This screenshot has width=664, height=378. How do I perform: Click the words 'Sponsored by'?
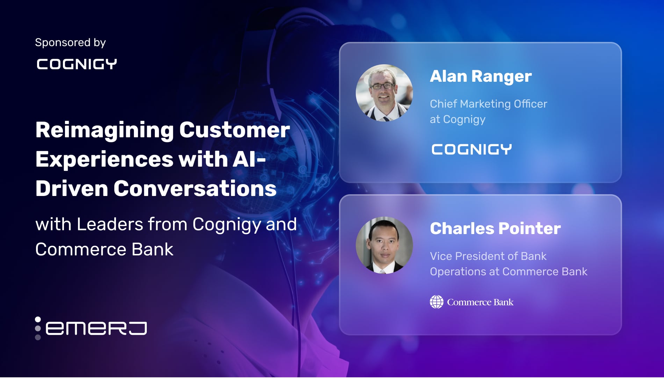pos(70,43)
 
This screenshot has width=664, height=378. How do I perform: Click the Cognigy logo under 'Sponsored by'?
pos(77,64)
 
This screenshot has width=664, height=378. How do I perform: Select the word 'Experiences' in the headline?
pos(104,159)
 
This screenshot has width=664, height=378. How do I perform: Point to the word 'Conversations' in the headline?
pos(195,189)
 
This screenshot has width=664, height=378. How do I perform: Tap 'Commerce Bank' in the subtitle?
pos(104,249)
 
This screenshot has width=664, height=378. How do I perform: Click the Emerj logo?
pos(91,328)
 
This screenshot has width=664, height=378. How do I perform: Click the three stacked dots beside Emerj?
pos(38,328)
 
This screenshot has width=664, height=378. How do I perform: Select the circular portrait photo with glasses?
pos(384,93)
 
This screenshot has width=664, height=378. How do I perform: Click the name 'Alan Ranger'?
pos(481,76)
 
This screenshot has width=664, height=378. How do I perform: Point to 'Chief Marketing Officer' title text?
pos(488,104)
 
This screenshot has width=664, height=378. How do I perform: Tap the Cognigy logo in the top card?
pos(471,150)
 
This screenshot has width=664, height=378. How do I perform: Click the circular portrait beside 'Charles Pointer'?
pos(384,245)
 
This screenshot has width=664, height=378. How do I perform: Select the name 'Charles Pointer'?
pos(495,228)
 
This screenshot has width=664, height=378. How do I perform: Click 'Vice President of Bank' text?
pos(488,256)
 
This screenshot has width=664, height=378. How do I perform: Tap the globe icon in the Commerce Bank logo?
pos(436,302)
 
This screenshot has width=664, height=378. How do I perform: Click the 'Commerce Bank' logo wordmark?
pos(480,302)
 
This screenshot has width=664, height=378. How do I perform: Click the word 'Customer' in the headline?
pos(234,130)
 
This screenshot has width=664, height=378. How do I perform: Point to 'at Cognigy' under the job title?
pos(457,119)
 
